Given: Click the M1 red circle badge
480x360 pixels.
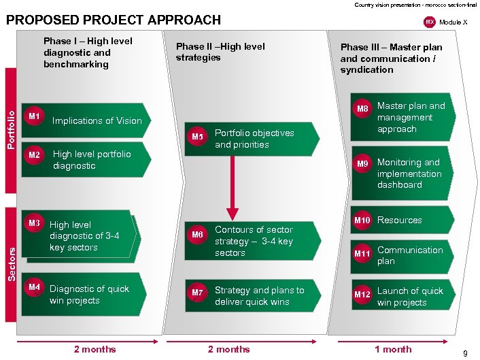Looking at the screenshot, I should click(33, 116).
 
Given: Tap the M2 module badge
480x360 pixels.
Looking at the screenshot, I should click(33, 155).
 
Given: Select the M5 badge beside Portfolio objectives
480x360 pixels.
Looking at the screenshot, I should click(197, 137).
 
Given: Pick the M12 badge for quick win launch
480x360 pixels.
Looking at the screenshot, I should click(362, 295).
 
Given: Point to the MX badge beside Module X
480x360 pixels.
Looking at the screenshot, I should click(429, 22).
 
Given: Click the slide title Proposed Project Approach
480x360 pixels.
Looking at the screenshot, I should click(114, 20).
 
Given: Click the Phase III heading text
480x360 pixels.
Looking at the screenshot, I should click(391, 58).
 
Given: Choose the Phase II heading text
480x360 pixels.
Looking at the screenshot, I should click(220, 52).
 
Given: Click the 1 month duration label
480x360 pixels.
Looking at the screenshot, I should click(392, 349).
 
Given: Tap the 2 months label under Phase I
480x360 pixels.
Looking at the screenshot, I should click(95, 349).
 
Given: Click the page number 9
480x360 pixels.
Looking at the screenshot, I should click(464, 353).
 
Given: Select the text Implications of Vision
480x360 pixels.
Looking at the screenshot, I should click(97, 121).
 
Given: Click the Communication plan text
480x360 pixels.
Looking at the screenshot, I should click(410, 255).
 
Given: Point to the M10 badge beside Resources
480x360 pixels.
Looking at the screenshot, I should click(362, 220).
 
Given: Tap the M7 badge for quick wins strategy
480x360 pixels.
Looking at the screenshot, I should click(197, 293).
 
